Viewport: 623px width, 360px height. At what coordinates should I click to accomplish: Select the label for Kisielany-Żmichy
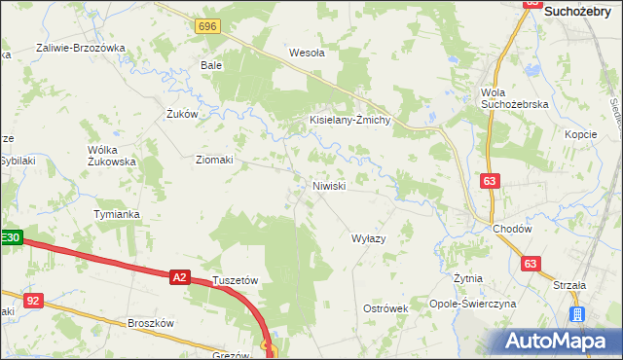(349, 121)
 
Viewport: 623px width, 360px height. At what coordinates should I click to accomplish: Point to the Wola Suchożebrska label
(515, 98)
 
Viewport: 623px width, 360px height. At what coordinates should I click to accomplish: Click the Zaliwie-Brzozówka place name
(81, 48)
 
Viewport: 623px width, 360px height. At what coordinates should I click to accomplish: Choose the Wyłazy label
(369, 238)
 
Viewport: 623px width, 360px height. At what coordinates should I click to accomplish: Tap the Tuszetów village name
(235, 280)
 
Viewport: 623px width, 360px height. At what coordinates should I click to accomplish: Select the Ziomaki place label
(214, 161)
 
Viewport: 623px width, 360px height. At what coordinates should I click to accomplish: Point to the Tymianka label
(117, 214)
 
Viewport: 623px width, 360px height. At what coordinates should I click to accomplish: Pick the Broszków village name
(150, 323)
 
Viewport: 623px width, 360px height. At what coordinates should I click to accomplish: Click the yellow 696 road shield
(206, 27)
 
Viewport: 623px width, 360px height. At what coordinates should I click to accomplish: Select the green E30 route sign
(10, 237)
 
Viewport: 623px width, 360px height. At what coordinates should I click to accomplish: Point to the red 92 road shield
(34, 302)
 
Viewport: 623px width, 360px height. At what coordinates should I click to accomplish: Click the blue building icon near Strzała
(576, 314)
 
